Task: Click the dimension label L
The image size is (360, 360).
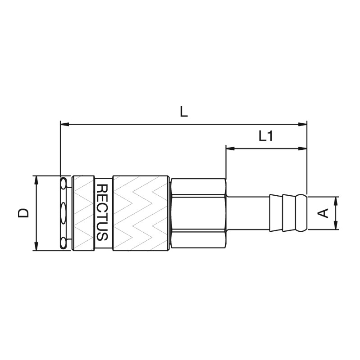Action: tap(184, 112)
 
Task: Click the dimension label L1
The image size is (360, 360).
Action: tap(266, 136)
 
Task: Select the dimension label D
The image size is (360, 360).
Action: tap(23, 213)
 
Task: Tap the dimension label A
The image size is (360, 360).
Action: tap(323, 213)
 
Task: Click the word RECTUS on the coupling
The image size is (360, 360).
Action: tap(102, 212)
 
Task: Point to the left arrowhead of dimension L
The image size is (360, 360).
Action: tap(64, 125)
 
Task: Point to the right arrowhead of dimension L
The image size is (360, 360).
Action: tap(302, 125)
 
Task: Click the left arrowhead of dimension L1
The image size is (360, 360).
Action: tap(230, 148)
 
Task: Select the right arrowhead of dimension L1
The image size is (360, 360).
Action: tap(302, 148)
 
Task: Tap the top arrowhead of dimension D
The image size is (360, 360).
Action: tap(36, 180)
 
